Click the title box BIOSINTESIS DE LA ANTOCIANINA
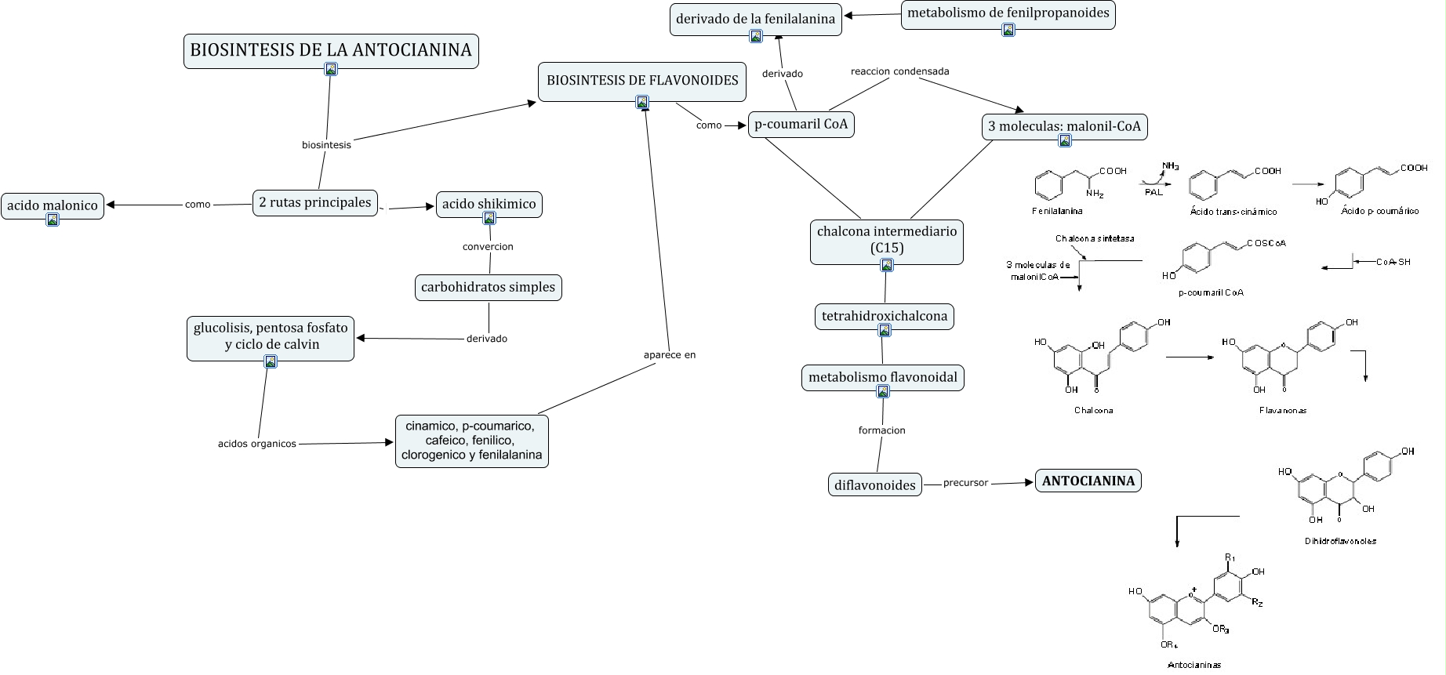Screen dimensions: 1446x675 click(331, 51)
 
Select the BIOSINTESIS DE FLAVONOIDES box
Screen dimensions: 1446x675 click(642, 82)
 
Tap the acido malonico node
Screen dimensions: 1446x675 click(53, 206)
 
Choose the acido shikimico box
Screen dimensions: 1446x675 click(489, 205)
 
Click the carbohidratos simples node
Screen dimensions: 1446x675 click(488, 288)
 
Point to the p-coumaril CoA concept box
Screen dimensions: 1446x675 click(801, 125)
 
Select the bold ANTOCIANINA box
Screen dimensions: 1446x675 click(1088, 481)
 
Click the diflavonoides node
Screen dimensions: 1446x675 click(875, 485)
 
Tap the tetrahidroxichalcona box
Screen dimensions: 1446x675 click(885, 317)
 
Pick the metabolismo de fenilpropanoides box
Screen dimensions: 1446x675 click(1008, 15)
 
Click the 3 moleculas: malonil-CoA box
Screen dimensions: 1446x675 click(1065, 127)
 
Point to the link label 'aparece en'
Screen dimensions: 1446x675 click(670, 355)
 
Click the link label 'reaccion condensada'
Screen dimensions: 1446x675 click(900, 71)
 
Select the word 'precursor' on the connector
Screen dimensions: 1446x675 click(965, 483)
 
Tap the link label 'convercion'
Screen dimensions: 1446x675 click(488, 247)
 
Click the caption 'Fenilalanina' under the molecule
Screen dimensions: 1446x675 click(1057, 211)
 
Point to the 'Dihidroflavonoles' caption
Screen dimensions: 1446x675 click(1340, 541)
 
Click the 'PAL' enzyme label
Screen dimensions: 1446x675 click(1154, 192)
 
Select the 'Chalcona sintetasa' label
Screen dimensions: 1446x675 click(1095, 238)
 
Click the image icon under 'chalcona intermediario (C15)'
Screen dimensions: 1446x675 click(887, 265)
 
